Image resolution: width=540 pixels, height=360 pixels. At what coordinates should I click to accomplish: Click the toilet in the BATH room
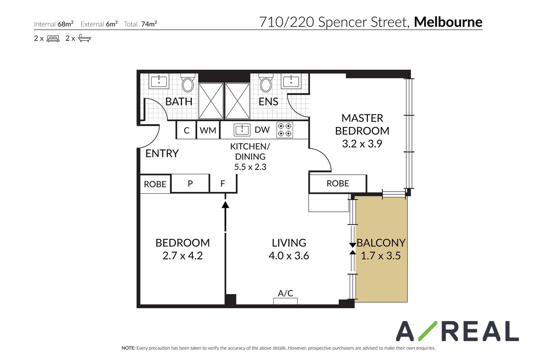[188, 83]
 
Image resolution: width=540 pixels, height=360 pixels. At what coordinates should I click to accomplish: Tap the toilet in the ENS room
[266, 83]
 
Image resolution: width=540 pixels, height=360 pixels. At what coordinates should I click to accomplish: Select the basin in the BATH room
[159, 81]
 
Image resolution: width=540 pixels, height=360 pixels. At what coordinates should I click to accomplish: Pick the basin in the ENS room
[291, 81]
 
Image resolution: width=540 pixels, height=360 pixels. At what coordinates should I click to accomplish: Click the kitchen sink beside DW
[242, 130]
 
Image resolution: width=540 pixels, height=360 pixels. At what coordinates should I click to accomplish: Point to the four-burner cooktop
[285, 130]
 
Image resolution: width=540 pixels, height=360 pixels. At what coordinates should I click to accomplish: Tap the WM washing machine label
[208, 130]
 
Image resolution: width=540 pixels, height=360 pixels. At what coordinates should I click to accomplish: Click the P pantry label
[190, 184]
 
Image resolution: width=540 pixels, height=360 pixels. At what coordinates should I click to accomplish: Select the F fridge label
[223, 184]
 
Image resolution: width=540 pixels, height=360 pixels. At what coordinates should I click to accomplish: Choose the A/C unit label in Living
[286, 293]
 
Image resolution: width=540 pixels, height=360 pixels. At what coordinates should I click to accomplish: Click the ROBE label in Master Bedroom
[338, 183]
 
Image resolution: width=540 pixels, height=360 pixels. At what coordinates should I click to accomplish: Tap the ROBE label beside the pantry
[155, 184]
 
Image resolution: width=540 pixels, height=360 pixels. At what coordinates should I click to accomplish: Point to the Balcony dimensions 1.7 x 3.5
[381, 256]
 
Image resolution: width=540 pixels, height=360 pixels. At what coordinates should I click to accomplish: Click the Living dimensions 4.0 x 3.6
[289, 256]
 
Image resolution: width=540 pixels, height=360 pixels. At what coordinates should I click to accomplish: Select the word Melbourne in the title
[448, 22]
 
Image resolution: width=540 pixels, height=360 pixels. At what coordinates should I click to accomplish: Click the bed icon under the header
[53, 38]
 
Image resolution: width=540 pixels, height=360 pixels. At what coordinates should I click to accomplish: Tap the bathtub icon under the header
[85, 38]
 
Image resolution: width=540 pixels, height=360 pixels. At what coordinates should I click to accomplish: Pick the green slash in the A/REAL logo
[428, 331]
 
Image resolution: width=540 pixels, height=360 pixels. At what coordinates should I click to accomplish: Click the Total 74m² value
[149, 24]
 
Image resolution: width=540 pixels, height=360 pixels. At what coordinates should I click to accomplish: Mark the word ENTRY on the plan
[162, 154]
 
